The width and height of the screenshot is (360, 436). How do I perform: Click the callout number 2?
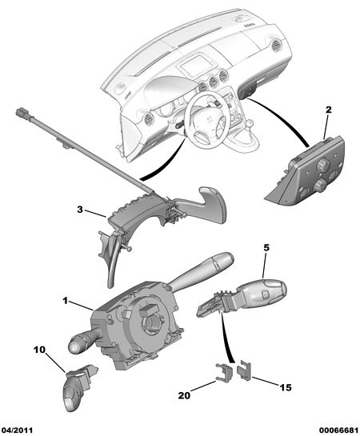coord(328,110)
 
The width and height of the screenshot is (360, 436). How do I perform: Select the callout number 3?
coord(80,210)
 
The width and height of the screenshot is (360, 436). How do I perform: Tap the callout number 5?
coord(266,247)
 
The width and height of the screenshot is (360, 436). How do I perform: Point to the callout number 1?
coord(66,301)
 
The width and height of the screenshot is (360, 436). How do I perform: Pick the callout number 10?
coord(39,350)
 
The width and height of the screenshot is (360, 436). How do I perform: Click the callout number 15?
coord(286,387)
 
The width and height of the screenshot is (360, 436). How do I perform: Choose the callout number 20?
coord(184,395)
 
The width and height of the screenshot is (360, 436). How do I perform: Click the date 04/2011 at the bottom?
coord(17,430)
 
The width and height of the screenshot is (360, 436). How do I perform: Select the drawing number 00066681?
coord(338,430)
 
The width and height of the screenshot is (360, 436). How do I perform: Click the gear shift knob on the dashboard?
coord(250,123)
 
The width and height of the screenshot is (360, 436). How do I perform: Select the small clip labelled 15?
coord(244,370)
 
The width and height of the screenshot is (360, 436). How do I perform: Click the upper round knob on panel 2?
coord(322,166)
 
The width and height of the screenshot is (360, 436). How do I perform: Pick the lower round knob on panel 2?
coord(321,185)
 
